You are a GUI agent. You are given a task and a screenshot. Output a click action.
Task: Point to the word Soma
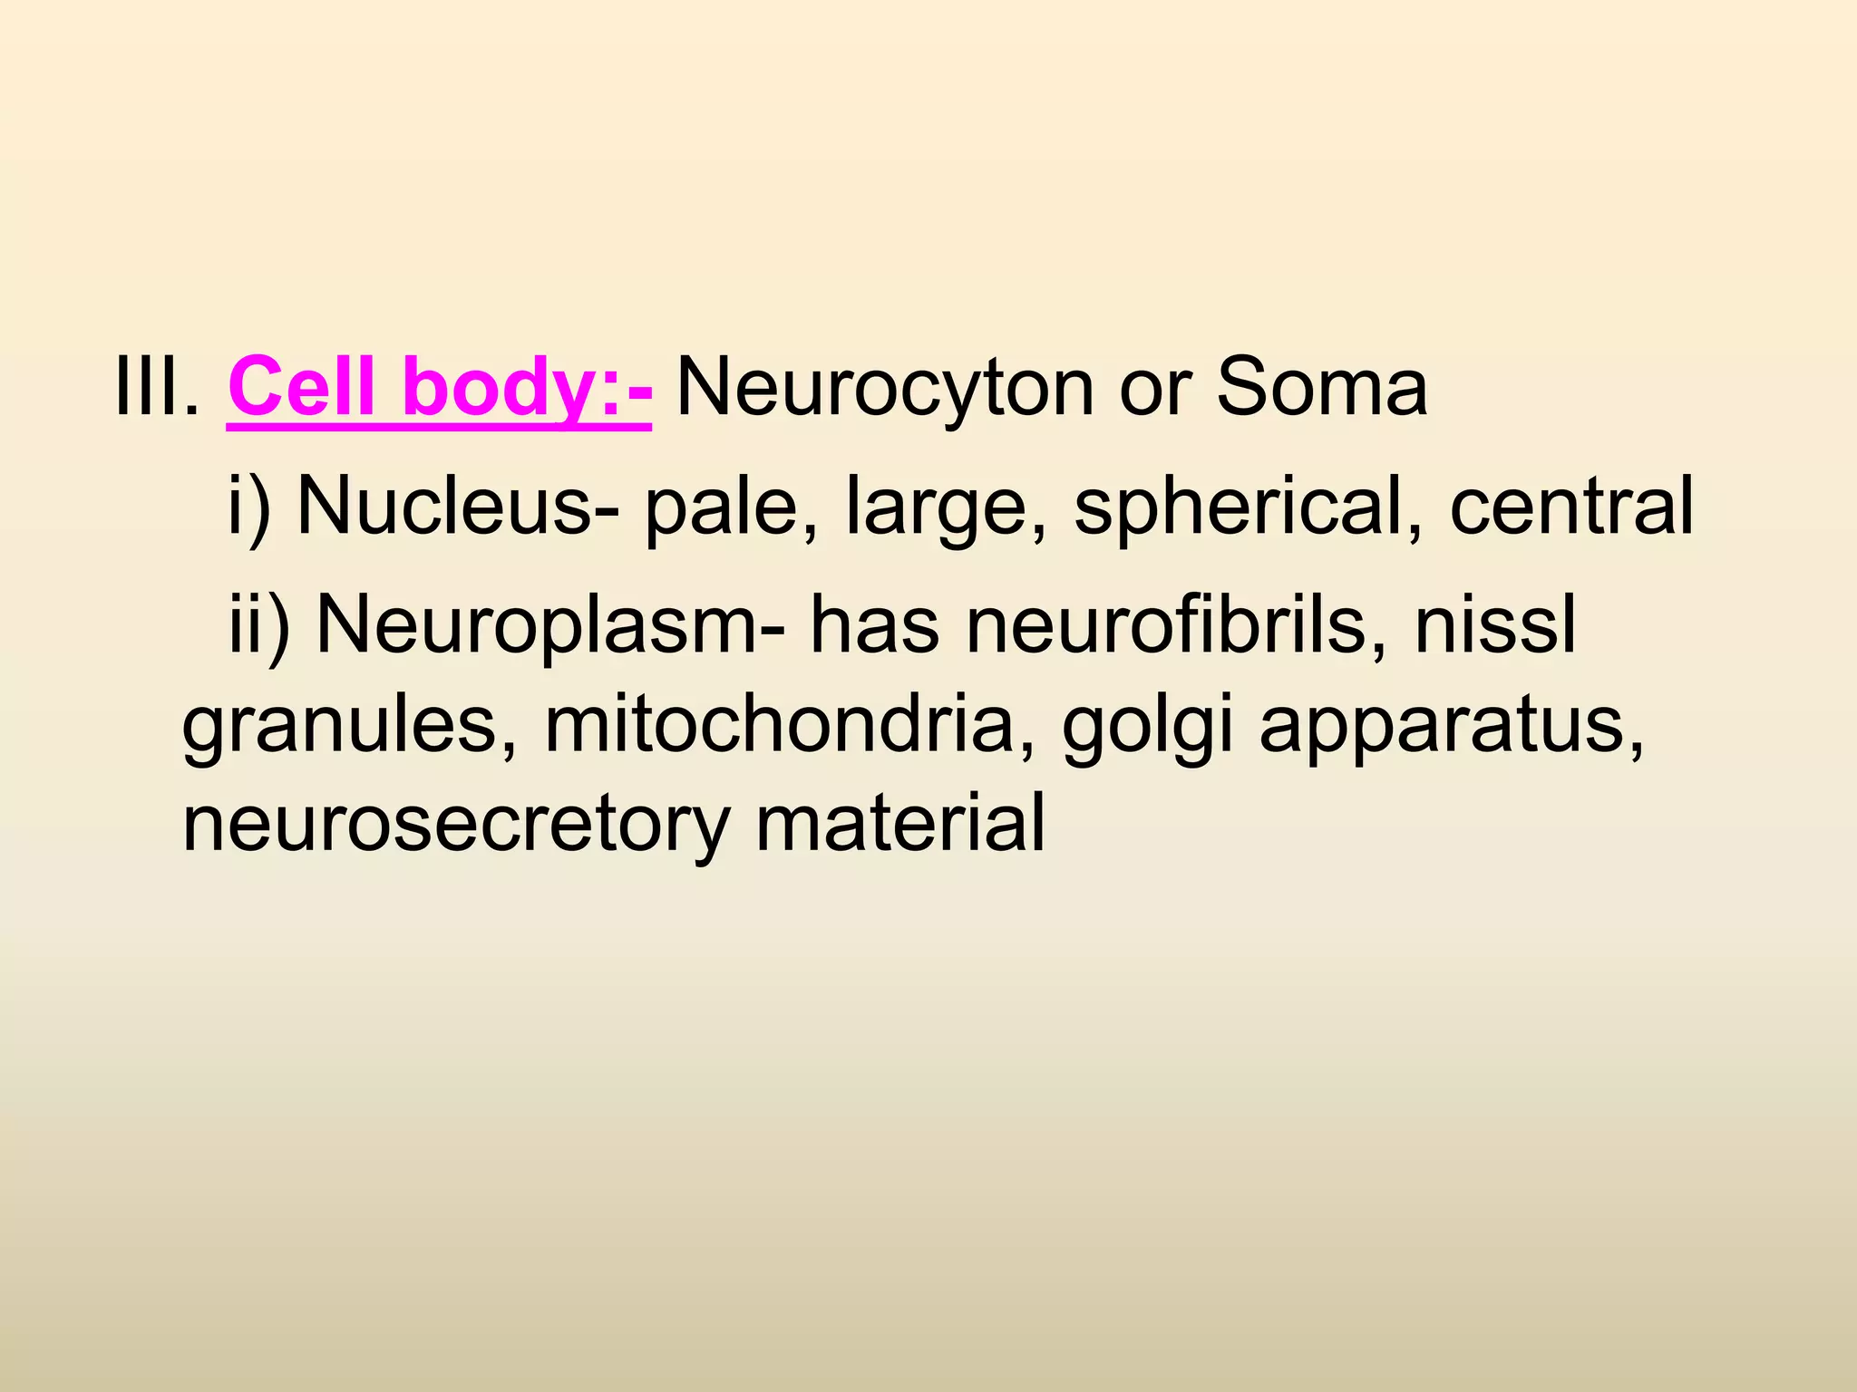(1321, 388)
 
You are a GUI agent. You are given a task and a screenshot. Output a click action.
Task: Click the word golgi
(1147, 729)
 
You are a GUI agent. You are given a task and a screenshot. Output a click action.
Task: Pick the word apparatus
(1451, 729)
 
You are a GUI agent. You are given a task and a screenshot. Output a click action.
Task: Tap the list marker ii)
(258, 627)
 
